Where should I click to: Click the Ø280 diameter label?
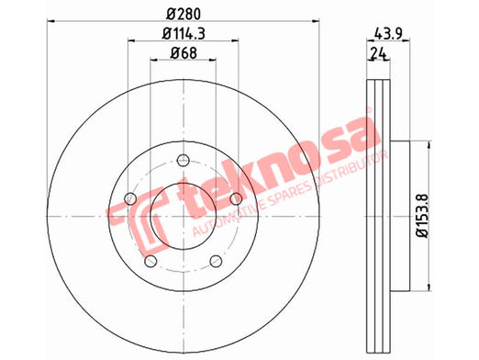[x=184, y=14]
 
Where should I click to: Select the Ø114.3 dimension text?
[x=184, y=33]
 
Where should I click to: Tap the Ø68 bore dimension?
[x=184, y=53]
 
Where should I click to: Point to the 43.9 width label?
[x=388, y=33]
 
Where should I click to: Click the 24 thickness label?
[x=378, y=53]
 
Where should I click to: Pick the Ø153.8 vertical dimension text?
[x=423, y=216]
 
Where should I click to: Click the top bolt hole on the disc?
[x=184, y=160]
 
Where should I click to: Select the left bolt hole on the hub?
[x=130, y=198]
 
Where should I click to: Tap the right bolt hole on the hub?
[x=236, y=198]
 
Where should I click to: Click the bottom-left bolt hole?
[x=150, y=261]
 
